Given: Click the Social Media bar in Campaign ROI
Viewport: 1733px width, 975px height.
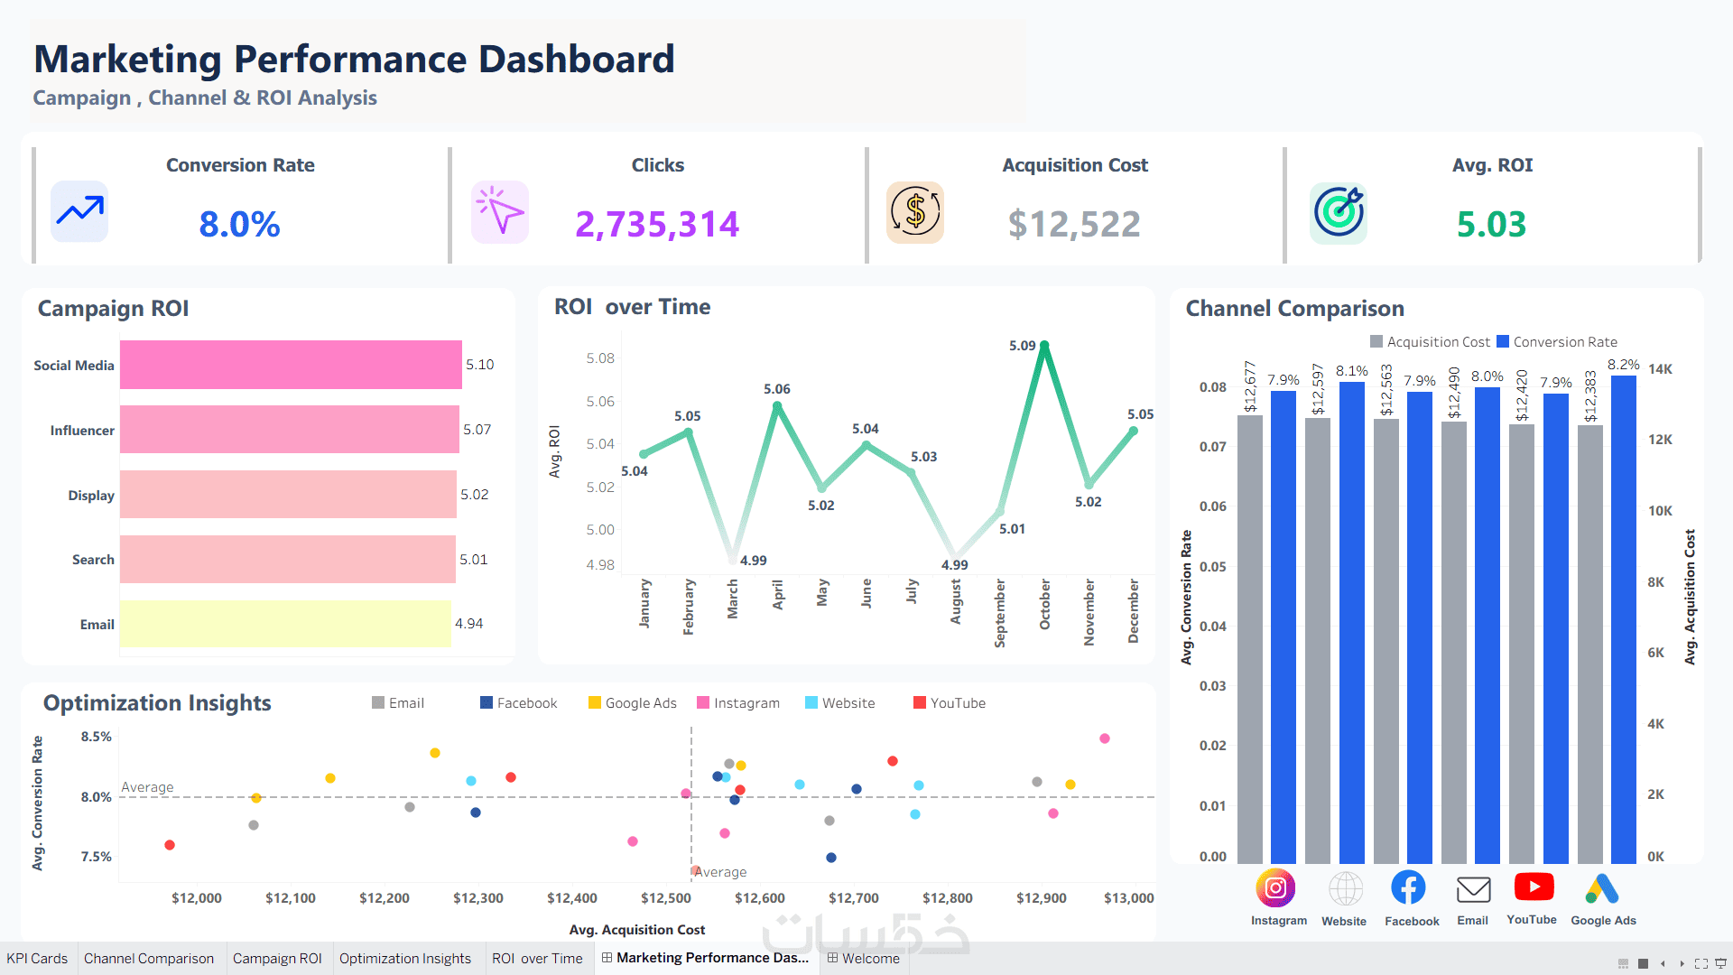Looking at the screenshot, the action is coord(291,365).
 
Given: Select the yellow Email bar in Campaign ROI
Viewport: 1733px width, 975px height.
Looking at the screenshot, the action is coord(285,624).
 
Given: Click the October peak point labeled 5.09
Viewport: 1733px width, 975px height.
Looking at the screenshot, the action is coord(1044,346).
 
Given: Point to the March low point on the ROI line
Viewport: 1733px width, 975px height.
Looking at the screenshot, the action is coord(733,560).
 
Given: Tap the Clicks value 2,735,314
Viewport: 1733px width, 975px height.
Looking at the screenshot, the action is coord(657,224).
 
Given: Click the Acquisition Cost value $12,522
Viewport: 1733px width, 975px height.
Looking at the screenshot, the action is coord(1074,224).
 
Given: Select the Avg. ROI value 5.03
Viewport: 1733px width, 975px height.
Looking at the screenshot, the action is coord(1491,224).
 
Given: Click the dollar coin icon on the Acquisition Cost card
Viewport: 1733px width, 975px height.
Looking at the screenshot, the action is coord(915,213).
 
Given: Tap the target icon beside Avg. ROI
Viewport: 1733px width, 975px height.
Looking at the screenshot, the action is coord(1339,213).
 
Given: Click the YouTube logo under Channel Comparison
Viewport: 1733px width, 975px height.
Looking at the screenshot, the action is coord(1534,887).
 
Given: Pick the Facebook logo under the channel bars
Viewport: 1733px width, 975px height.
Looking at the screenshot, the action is coord(1408,887).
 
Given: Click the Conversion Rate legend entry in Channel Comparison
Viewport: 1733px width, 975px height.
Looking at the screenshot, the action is coord(1557,342).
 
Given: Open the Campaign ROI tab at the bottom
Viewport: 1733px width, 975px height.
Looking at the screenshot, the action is coord(277,959).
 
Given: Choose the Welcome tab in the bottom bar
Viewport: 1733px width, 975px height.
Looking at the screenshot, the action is coord(864,959).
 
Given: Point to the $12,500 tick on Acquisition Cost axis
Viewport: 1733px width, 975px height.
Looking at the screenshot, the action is coord(666,898).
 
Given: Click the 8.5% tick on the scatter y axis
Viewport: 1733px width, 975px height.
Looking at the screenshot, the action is coord(97,737).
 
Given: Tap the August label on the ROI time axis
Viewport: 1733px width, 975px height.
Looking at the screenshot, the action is coord(955,601).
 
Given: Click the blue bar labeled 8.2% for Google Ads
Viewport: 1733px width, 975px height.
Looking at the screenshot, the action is coord(1624,619).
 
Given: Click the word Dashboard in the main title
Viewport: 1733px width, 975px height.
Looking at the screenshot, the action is coord(576,60).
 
